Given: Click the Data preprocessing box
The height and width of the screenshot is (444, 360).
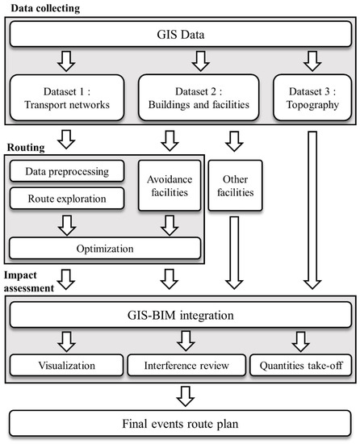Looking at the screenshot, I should coord(66,171).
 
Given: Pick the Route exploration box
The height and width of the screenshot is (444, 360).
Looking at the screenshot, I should coord(66,196).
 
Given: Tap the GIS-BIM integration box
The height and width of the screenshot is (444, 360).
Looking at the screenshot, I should coord(179,314).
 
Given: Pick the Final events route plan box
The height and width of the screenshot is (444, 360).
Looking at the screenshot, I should coord(179,422).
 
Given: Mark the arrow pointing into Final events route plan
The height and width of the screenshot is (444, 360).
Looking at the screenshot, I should coord(179,394).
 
